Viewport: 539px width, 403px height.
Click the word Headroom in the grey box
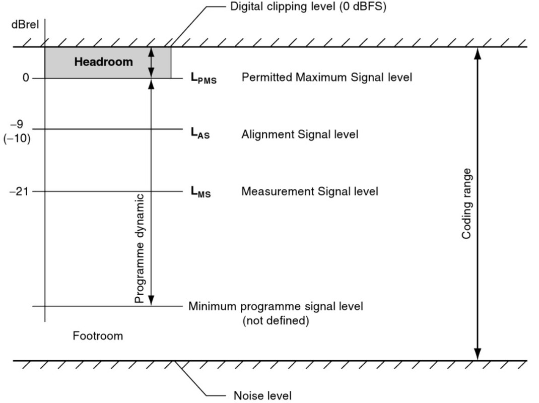(x=104, y=62)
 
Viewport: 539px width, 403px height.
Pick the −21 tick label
(x=20, y=191)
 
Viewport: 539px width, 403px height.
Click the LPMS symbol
(x=203, y=79)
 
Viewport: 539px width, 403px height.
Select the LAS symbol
(x=200, y=134)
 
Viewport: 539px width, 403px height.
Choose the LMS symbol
(x=200, y=192)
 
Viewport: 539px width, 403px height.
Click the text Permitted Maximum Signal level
(x=326, y=78)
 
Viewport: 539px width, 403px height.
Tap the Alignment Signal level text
(x=300, y=135)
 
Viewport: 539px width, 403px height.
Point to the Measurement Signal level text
(x=309, y=191)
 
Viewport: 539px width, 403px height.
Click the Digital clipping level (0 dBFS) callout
(x=308, y=7)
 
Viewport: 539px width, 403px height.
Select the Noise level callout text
(x=262, y=395)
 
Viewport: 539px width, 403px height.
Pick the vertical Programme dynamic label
(x=140, y=248)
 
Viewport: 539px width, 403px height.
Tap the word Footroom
(x=98, y=335)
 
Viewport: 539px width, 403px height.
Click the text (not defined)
(x=276, y=320)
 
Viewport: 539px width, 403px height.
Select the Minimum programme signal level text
(x=276, y=306)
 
